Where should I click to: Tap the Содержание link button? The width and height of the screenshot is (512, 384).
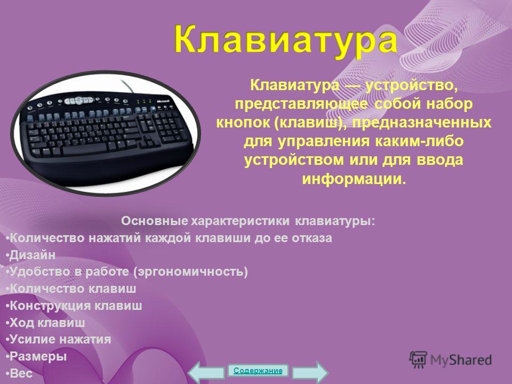point(258,371)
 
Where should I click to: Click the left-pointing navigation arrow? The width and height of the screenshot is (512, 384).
point(206,373)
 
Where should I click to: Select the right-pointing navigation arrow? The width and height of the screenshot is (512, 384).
point(310,373)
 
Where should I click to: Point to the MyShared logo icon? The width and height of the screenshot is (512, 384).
point(418,360)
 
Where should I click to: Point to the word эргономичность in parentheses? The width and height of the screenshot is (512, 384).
point(190,271)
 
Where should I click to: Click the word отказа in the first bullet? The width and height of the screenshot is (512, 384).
point(312,238)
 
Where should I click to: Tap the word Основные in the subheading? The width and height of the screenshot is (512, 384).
point(155,221)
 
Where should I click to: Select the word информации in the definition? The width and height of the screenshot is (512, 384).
point(354,179)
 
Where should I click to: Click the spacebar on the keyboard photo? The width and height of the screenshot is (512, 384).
point(85,150)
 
